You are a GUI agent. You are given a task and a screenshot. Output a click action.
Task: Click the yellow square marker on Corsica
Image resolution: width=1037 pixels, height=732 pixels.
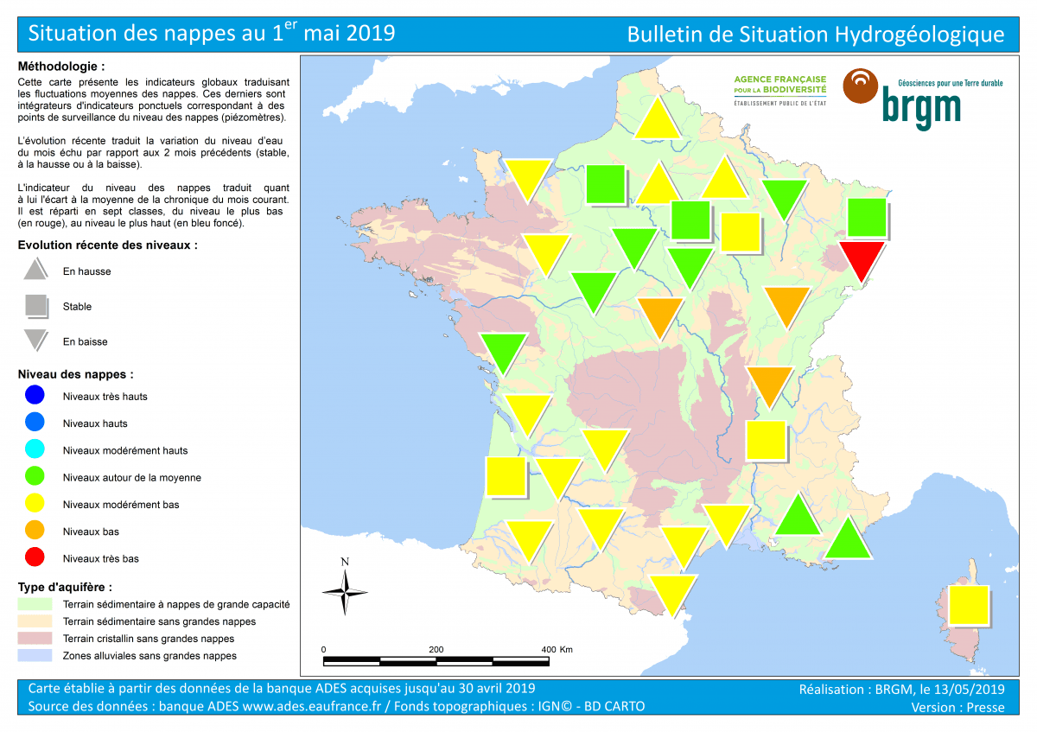tap(968, 604)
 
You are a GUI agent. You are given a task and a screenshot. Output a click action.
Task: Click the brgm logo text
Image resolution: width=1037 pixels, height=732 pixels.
tap(920, 106)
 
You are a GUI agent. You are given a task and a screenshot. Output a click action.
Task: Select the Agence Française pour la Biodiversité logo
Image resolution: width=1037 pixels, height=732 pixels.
tap(779, 89)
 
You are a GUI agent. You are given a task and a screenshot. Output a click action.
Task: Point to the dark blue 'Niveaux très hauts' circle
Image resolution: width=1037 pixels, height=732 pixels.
tap(35, 397)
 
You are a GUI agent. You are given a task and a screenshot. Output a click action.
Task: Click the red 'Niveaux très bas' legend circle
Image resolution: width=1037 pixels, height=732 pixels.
tap(35, 558)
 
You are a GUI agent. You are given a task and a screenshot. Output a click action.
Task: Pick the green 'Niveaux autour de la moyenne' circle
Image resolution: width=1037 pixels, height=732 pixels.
tap(35, 477)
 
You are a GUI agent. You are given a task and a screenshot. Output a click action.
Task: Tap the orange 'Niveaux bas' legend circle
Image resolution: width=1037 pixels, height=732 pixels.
tap(35, 531)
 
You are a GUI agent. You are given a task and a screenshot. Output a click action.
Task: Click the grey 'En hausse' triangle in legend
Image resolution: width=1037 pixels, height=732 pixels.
tap(35, 270)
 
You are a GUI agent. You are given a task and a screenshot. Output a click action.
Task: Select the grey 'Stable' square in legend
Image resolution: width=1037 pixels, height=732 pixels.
tap(35, 306)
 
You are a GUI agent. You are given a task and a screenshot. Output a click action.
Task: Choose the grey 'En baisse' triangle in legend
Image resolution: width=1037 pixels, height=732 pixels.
tap(35, 340)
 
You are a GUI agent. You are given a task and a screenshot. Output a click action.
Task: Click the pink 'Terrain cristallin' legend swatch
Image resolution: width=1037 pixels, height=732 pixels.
tap(35, 639)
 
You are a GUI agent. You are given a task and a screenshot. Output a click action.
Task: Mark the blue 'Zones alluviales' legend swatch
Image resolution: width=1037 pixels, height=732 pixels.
tap(35, 656)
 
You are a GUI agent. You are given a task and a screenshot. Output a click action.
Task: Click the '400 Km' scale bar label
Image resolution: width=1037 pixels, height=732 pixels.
tap(557, 649)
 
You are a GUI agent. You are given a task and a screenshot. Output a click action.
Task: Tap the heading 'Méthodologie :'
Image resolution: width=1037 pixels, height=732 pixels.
tap(61, 66)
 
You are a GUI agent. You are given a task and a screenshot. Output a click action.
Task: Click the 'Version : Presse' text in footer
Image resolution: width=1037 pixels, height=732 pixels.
tap(957, 707)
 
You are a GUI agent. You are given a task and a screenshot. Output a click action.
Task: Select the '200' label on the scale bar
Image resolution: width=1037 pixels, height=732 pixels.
tap(436, 649)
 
